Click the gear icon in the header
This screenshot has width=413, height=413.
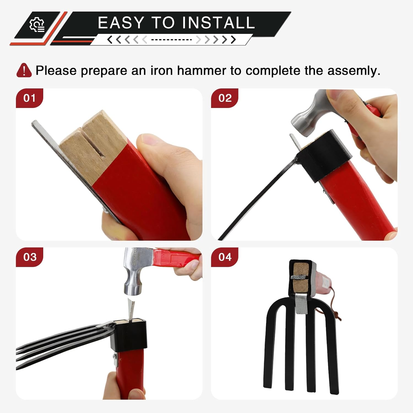click(37, 25)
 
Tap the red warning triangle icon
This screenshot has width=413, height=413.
click(24, 70)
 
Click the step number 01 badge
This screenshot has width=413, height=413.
click(29, 98)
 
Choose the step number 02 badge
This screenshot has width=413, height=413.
click(225, 98)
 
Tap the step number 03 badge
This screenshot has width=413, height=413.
click(29, 257)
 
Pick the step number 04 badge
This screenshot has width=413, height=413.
click(225, 257)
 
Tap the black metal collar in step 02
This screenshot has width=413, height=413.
click(325, 156)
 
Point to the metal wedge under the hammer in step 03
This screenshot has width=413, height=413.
click(131, 310)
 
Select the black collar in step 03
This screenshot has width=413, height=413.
click(129, 336)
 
